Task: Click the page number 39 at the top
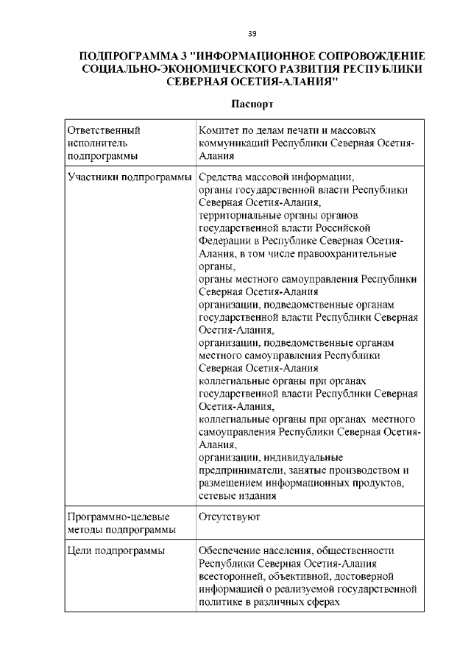coord(252,33)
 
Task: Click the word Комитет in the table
coord(220,130)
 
